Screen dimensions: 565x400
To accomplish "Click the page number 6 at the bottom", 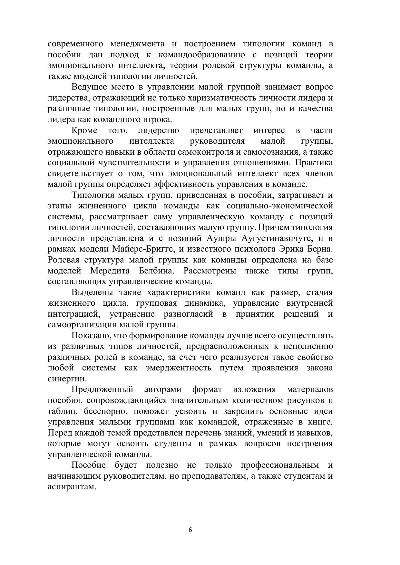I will coord(190,530).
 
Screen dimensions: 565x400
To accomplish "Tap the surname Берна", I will coord(319,249).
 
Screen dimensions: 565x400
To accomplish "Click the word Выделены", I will coord(92,292).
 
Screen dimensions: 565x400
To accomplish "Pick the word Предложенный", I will coord(102,390).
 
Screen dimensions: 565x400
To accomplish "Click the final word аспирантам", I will coord(72,487).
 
